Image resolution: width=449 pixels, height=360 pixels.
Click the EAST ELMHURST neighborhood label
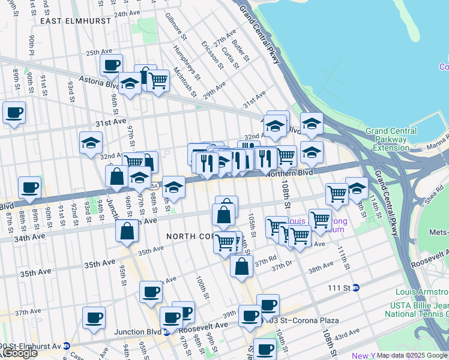tap(76, 20)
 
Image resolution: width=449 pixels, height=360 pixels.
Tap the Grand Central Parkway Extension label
tap(391, 139)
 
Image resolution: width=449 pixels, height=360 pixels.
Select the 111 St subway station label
tap(342, 288)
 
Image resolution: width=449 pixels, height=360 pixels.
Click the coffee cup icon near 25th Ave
tap(111, 65)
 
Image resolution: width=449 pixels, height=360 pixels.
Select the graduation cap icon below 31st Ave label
tap(91, 143)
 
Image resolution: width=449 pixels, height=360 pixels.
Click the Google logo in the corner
tap(19, 353)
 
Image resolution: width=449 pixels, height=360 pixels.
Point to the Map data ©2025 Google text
tap(412, 355)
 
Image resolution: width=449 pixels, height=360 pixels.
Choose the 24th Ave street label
tap(127, 13)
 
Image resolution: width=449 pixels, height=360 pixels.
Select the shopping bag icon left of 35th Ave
tap(127, 232)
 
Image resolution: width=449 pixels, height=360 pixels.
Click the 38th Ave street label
tap(320, 266)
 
